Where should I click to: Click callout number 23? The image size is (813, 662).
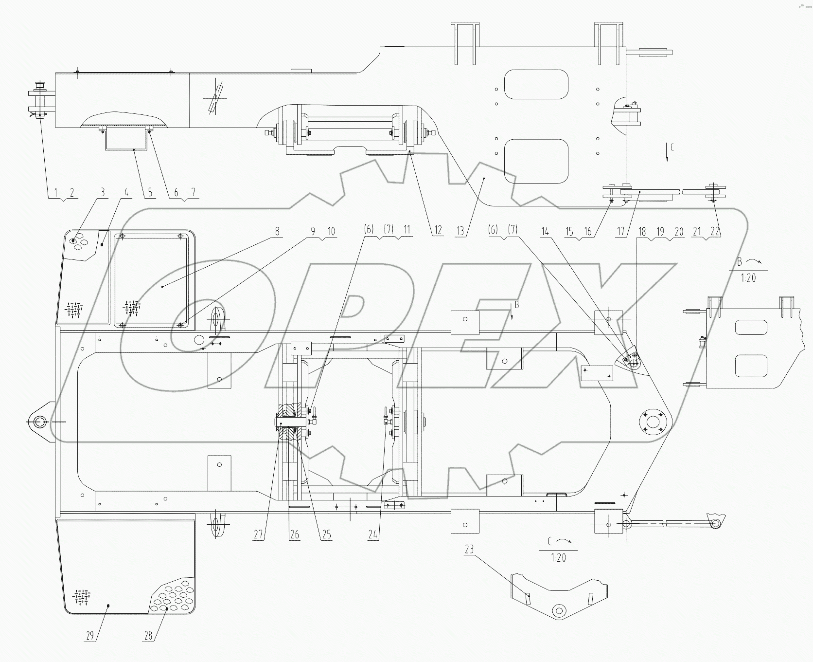469,549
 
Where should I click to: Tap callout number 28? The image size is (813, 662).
148,635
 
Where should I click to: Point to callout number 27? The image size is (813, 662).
258,534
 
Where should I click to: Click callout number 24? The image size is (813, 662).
373,534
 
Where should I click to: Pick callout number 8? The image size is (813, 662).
277,231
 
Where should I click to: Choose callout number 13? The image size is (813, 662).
460,231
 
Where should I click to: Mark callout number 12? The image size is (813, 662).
438,231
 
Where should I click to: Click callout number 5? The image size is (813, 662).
150,192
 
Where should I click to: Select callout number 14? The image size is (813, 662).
545,232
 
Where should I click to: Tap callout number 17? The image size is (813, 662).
621,232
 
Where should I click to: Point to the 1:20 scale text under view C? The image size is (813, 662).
559,558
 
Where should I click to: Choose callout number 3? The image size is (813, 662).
103,192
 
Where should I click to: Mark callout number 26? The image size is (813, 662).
294,534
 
